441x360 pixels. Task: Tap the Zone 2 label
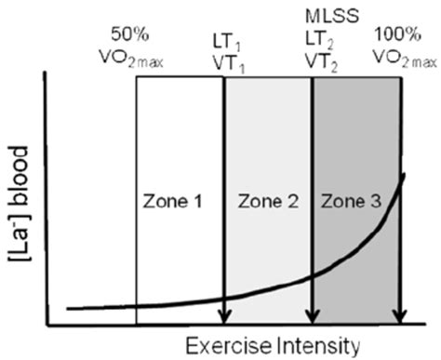pyautogui.click(x=267, y=201)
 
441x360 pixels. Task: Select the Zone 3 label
pyautogui.click(x=354, y=201)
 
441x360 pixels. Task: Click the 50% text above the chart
pyautogui.click(x=130, y=36)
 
